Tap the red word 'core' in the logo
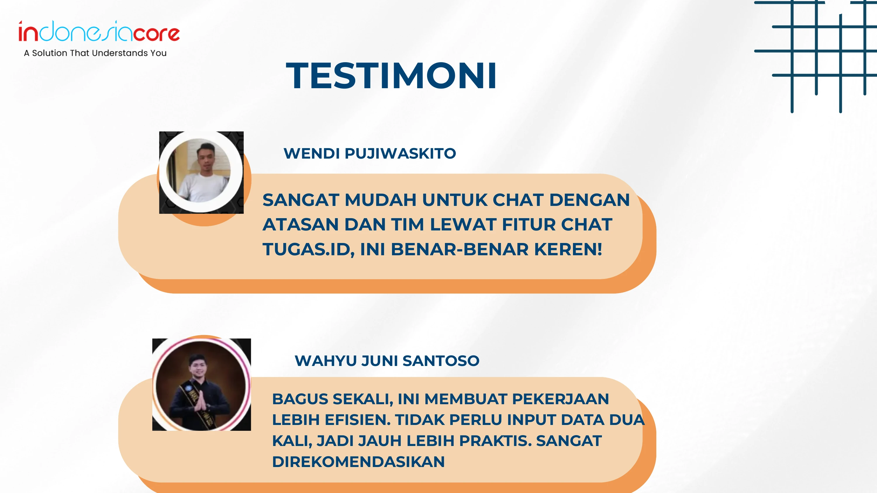tap(156, 33)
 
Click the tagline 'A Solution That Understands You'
tap(95, 53)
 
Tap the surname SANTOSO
tap(441, 361)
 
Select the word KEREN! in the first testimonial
tap(568, 249)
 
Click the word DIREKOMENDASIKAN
tap(358, 462)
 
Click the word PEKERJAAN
tap(560, 399)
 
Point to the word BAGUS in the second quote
tap(300, 399)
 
